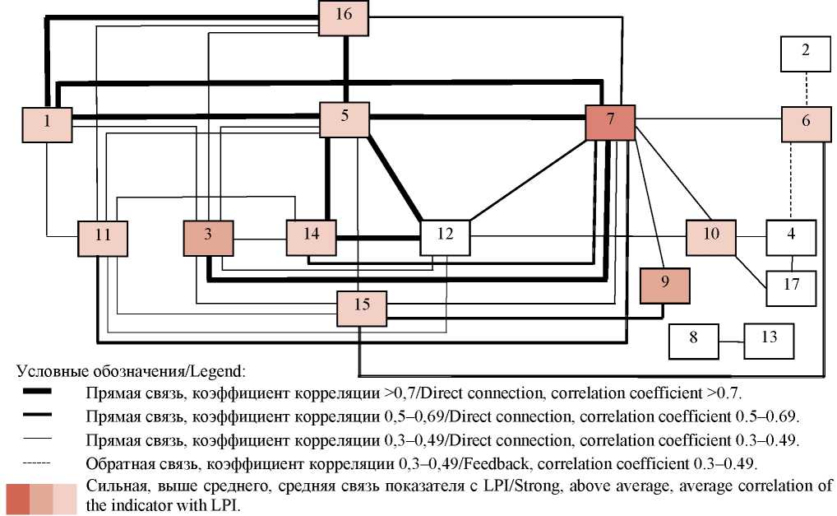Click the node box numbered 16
tap(344, 16)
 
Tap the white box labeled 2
tap(806, 51)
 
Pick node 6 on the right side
tap(805, 122)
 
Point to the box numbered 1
tap(47, 122)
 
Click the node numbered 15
tap(362, 306)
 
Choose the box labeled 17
tap(791, 286)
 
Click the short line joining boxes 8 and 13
tap(732, 340)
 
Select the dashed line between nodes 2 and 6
tap(806, 88)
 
